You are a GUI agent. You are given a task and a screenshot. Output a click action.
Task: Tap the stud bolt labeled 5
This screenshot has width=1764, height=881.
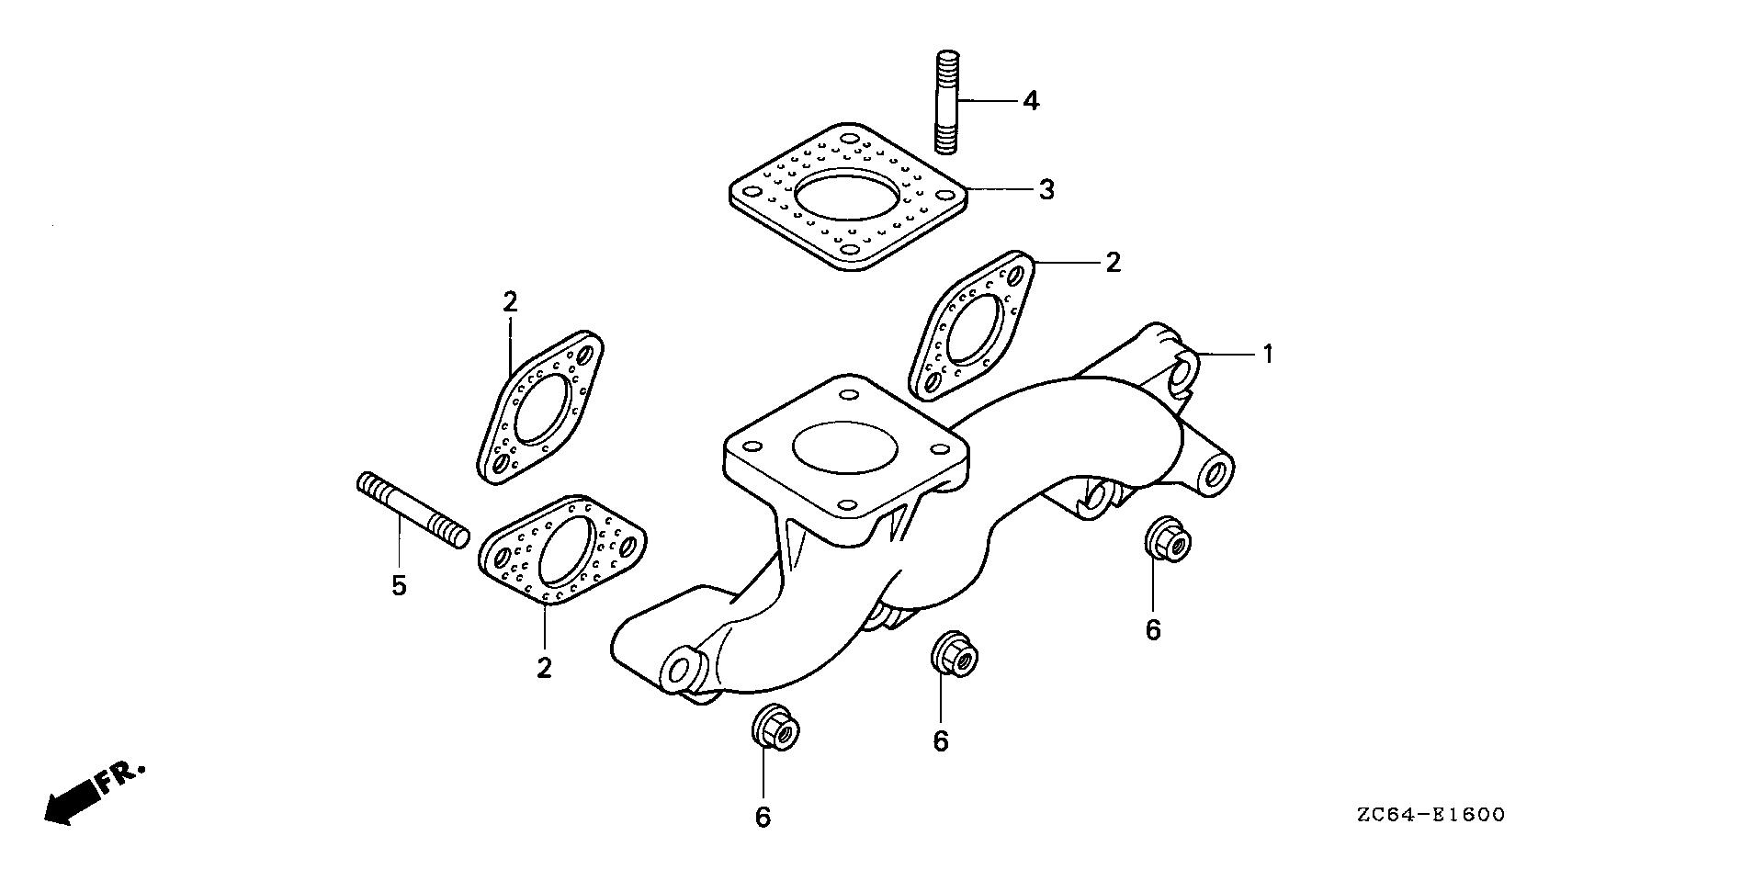click(412, 511)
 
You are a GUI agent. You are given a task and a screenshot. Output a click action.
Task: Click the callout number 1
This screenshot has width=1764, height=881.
click(1268, 354)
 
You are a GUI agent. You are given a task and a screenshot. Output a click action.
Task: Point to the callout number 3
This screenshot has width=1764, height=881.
click(1046, 190)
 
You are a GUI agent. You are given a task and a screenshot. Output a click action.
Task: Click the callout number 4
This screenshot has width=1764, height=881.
click(1031, 100)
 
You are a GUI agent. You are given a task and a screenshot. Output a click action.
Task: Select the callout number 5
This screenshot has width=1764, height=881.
click(399, 585)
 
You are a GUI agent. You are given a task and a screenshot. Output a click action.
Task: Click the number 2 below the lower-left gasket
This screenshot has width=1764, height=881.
click(544, 668)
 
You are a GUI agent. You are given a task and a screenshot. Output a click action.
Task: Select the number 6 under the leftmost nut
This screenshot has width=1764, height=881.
click(763, 817)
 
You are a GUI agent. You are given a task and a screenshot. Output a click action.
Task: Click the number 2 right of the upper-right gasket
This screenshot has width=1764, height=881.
click(1114, 263)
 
